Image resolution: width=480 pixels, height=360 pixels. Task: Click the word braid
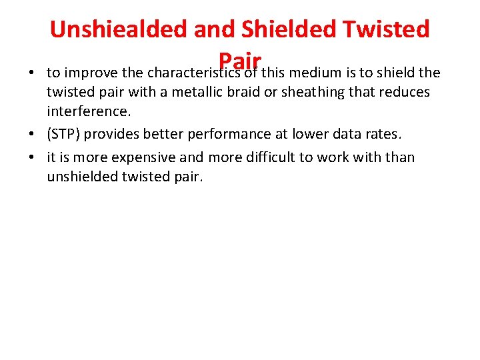[243, 91]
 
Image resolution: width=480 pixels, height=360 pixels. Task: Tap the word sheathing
[311, 91]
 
